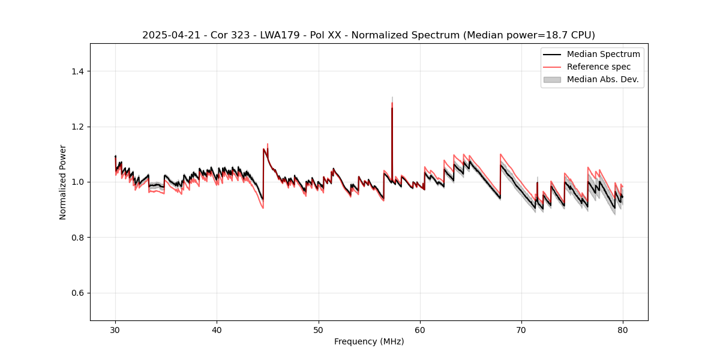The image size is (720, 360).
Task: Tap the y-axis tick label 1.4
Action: click(x=77, y=71)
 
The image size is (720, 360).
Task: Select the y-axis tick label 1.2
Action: click(x=77, y=127)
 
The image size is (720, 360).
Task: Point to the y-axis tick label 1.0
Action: click(x=77, y=182)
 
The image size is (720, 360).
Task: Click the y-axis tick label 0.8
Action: click(x=77, y=238)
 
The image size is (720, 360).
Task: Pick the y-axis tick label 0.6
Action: click(x=77, y=293)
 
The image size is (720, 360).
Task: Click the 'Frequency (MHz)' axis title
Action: click(x=369, y=341)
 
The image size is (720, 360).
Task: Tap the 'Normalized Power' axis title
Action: click(x=63, y=182)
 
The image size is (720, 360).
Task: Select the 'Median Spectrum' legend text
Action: click(x=603, y=54)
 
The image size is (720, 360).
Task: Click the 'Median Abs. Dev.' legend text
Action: click(x=602, y=79)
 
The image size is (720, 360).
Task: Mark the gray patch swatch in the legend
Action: click(x=552, y=79)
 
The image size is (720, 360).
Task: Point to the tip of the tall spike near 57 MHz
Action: click(x=392, y=97)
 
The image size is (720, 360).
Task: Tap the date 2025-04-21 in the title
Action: click(x=168, y=35)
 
